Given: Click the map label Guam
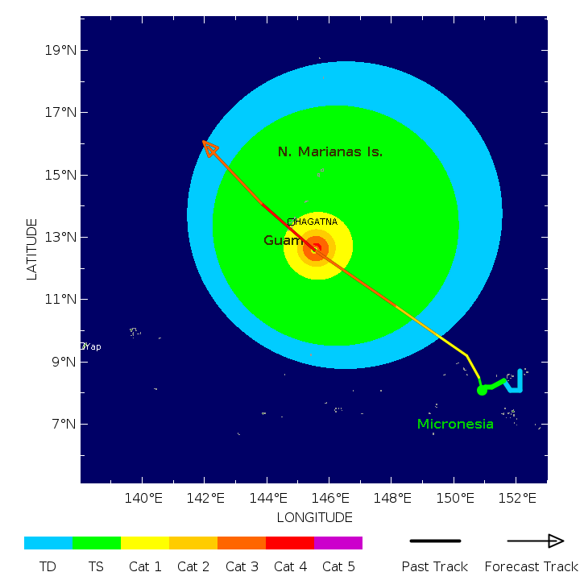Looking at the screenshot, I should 280,240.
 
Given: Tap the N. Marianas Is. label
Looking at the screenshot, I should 329,151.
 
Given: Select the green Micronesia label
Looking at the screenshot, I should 455,424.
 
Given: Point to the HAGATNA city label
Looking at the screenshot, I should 314,222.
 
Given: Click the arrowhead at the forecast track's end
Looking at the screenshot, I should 208,146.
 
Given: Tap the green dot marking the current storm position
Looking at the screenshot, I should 482,390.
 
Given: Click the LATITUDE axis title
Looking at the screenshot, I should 32,249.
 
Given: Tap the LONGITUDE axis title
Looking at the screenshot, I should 314,517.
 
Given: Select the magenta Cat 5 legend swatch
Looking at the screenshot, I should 338,543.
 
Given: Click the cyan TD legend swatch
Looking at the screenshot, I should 48,543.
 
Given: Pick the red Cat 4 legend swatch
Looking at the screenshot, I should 290,543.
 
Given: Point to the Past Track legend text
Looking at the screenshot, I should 435,566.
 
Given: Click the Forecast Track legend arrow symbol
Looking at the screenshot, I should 535,541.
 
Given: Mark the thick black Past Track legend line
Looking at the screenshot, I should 435,541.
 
